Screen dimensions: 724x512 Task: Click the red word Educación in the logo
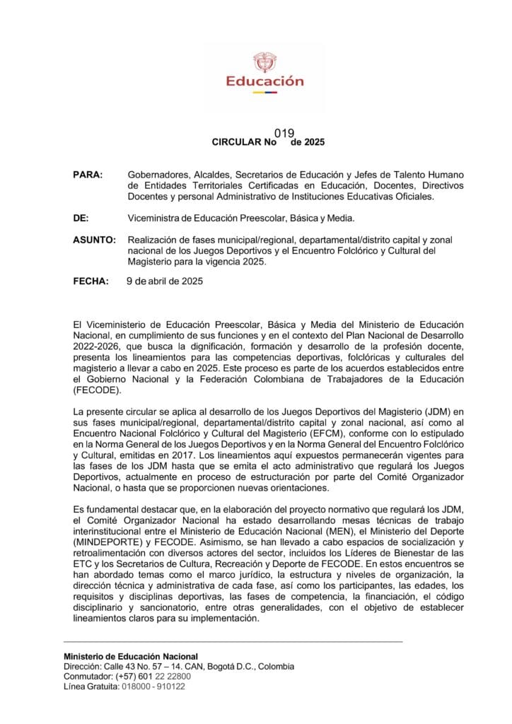(x=264, y=81)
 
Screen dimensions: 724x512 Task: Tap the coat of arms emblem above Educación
(x=264, y=61)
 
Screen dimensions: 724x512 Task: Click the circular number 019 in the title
(x=284, y=132)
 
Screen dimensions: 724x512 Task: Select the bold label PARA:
(x=88, y=174)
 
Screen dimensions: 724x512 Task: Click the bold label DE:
(x=81, y=218)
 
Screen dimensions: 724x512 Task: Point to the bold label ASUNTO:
(x=94, y=240)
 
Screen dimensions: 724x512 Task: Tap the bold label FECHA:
(x=91, y=281)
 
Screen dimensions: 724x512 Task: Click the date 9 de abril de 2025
(x=164, y=281)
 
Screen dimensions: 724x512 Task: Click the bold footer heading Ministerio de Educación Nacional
(x=131, y=656)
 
